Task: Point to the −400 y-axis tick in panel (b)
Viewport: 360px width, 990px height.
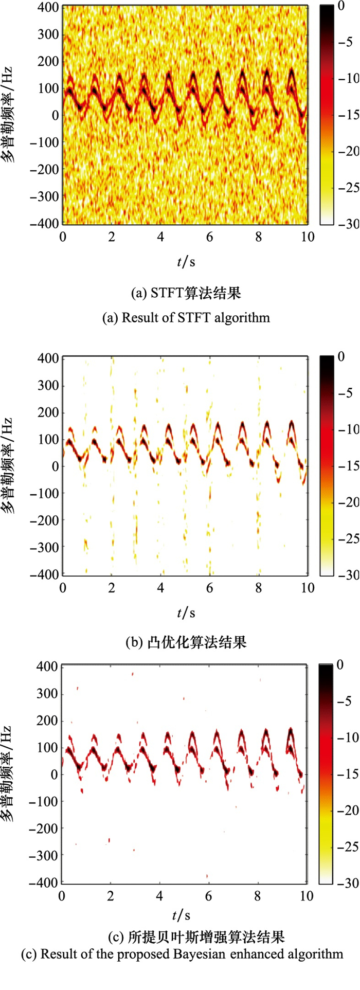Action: (x=44, y=574)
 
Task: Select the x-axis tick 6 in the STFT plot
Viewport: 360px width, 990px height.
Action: (x=209, y=238)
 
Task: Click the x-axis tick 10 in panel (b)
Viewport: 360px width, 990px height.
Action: (x=308, y=588)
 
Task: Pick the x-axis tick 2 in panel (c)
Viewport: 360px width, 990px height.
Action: (x=111, y=896)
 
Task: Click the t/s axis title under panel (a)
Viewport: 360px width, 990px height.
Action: (x=186, y=262)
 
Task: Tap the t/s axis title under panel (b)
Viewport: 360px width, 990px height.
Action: (x=186, y=613)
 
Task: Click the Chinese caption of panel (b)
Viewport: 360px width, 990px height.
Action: (x=186, y=642)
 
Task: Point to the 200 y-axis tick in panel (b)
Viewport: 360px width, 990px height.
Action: (x=47, y=412)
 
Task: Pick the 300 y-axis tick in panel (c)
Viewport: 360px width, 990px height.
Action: (x=47, y=694)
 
